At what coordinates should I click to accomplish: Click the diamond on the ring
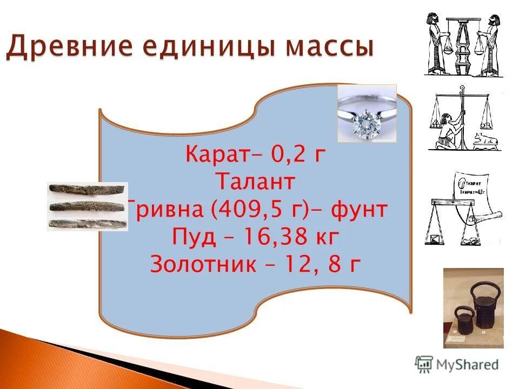pyautogui.click(x=362, y=124)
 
